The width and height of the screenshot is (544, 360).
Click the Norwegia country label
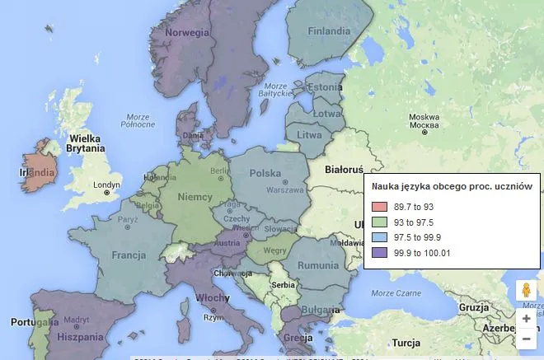[x=186, y=32]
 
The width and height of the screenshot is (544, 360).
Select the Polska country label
[x=265, y=174]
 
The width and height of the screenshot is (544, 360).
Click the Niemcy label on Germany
[x=195, y=198]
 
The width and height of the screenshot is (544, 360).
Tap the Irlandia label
[x=37, y=173]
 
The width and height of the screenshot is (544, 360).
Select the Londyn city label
[x=106, y=185]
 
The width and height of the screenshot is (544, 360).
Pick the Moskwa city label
[x=424, y=117]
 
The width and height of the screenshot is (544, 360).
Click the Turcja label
[x=406, y=342]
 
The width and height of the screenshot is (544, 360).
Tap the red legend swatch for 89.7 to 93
[x=379, y=206]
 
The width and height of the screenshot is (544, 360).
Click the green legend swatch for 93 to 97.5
[x=379, y=222]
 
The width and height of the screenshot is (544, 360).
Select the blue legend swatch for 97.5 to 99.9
[x=379, y=237]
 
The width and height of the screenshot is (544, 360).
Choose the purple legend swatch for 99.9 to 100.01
[x=379, y=253]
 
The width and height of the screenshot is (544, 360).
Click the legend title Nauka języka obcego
[x=452, y=187]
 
